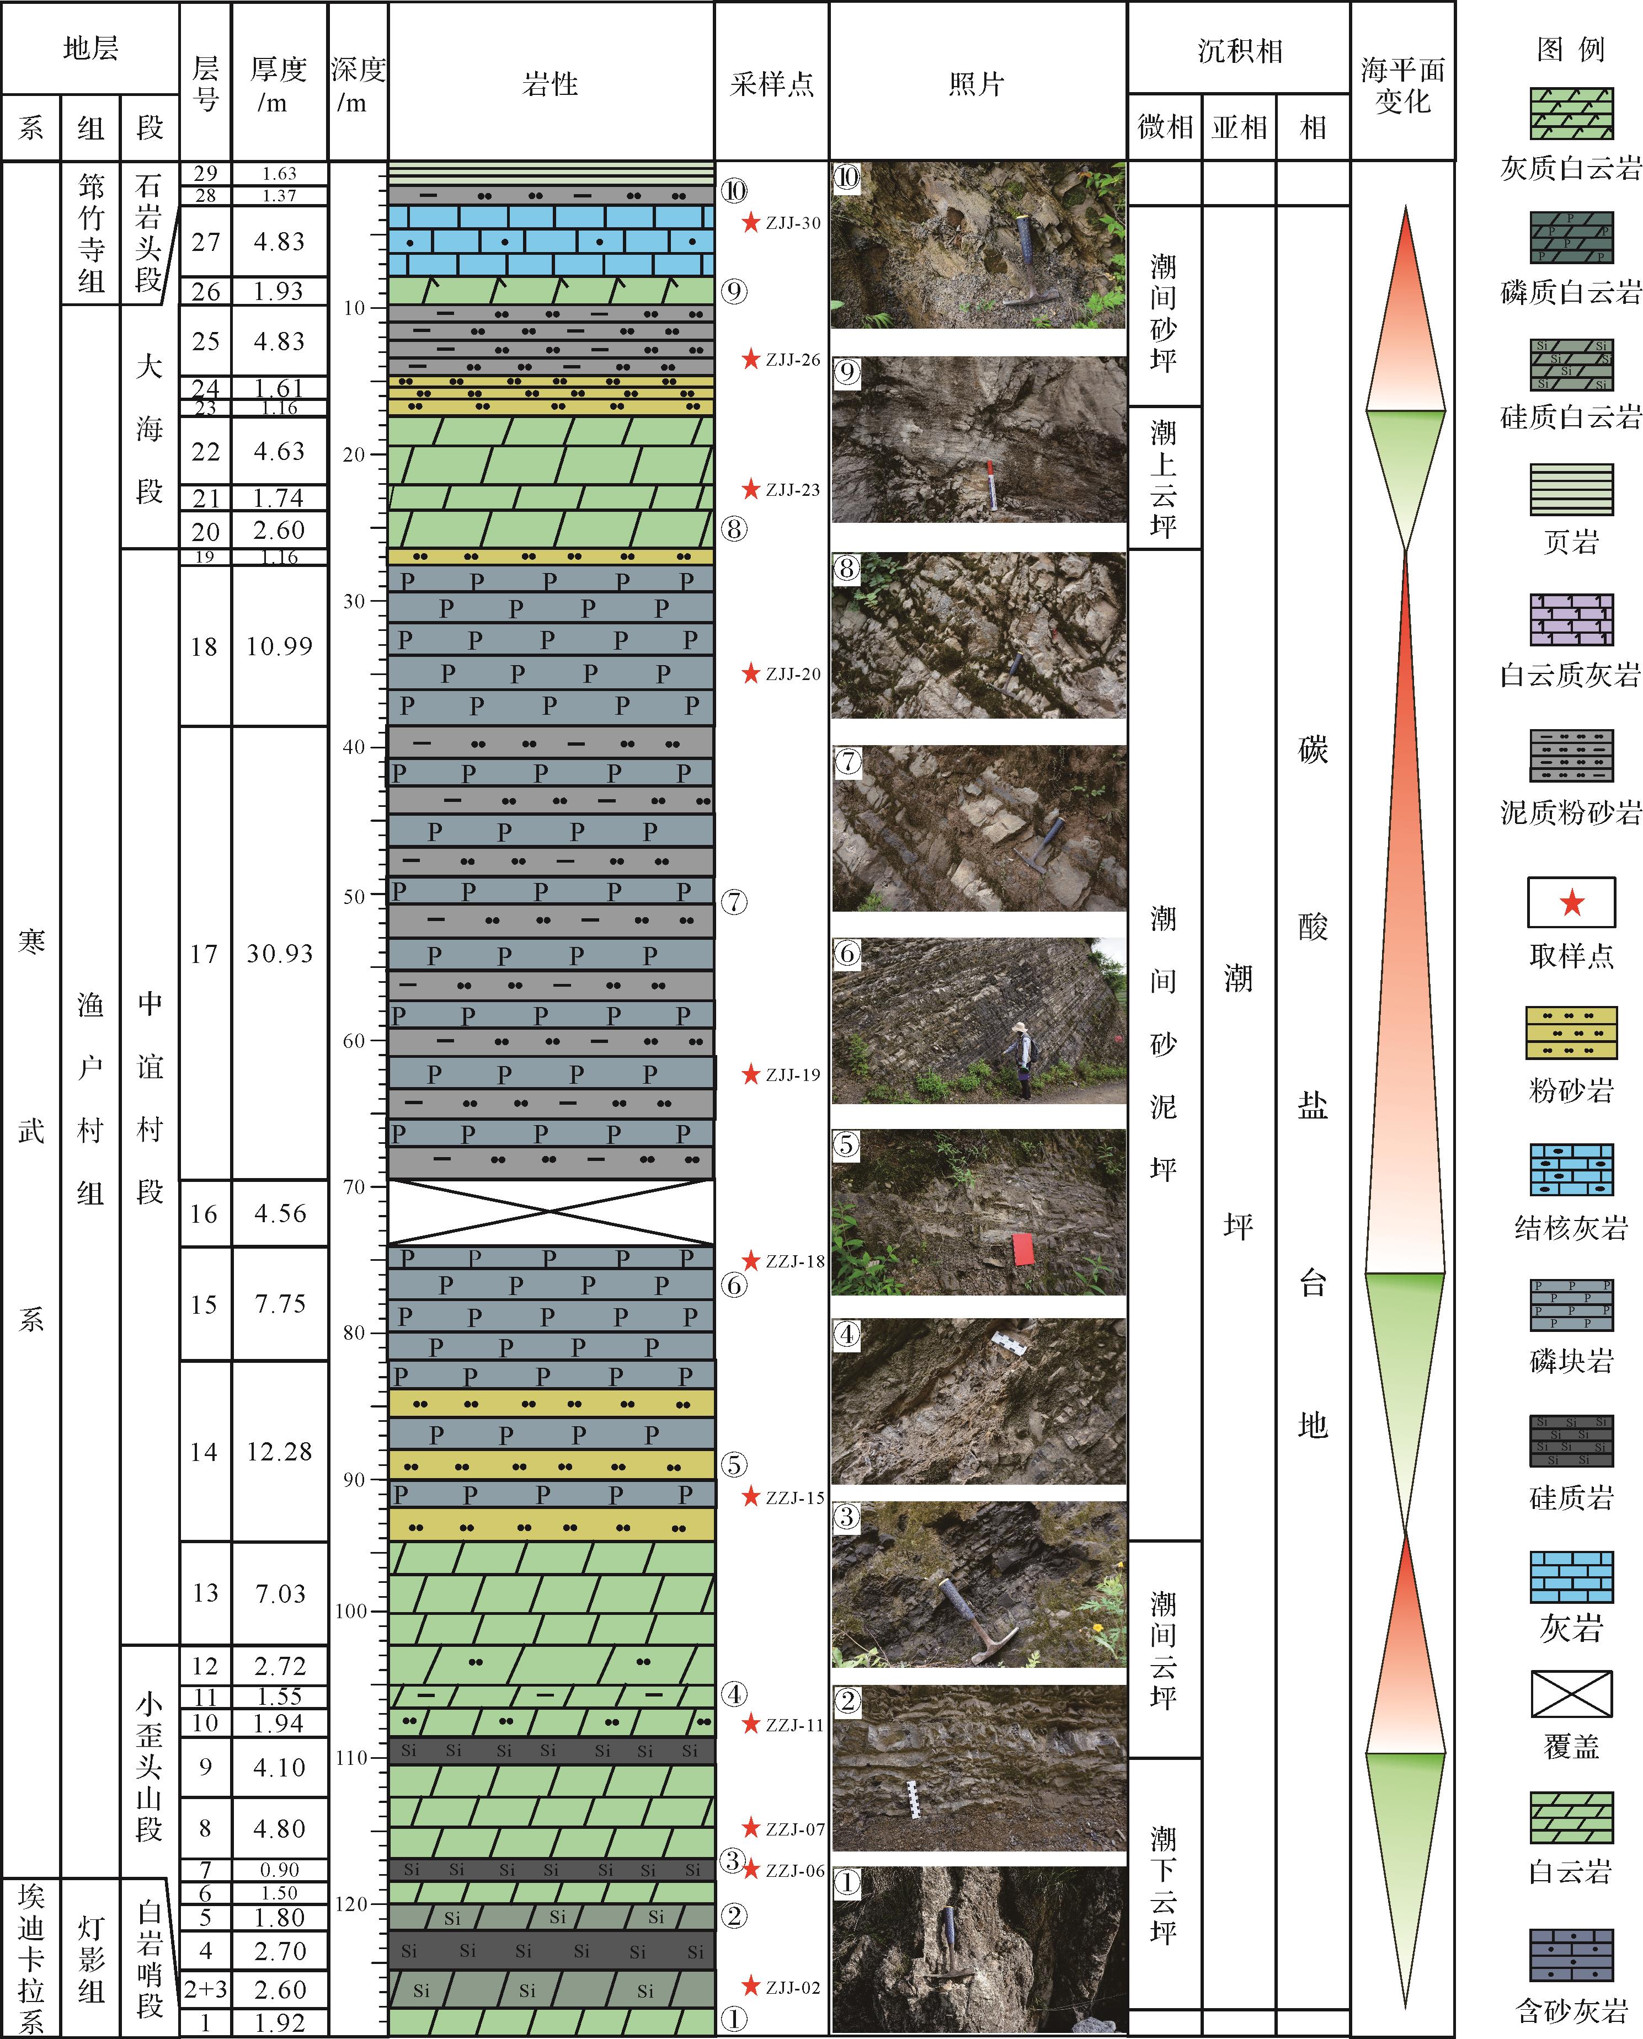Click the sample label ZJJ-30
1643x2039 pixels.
coord(793,223)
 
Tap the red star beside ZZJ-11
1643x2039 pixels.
coord(750,1724)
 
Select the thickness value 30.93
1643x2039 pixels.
coord(280,954)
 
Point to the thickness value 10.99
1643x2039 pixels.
coord(280,646)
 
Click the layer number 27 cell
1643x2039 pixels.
coord(205,242)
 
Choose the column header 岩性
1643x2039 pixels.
coord(550,84)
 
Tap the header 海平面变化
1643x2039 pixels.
coord(1402,85)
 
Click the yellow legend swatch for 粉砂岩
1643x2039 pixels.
coord(1571,1032)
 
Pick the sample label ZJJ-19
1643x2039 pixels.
coord(793,1075)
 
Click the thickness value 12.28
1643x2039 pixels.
coord(280,1452)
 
